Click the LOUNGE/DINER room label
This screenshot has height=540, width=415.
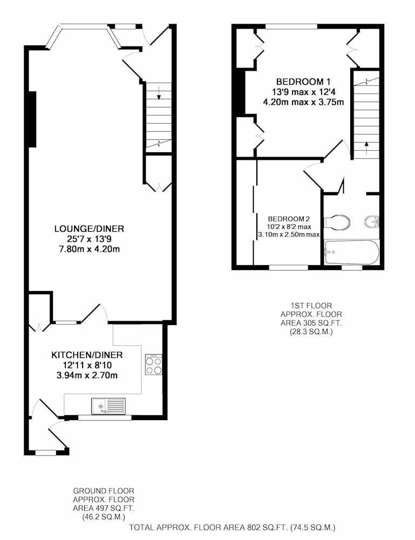89,228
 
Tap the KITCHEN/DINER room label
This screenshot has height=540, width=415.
87,355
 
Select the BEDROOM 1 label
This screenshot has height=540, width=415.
303,82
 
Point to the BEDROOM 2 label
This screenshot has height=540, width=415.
289,219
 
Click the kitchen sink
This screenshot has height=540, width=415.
108,406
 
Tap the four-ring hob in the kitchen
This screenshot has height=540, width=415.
153,364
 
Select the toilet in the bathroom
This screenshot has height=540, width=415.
337,222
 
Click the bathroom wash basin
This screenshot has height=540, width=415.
372,221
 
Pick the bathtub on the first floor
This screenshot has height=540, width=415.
351,252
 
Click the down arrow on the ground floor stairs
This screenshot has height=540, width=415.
159,93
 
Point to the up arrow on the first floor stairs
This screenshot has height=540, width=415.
366,147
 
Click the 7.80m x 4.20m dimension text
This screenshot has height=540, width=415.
90,249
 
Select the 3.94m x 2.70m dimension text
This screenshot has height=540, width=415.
87,375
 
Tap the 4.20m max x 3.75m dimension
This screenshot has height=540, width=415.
303,102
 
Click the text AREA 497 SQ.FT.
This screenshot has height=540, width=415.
103,508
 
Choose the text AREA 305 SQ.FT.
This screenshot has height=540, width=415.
311,323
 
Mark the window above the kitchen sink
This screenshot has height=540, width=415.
105,417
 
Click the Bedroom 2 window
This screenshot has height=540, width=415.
288,267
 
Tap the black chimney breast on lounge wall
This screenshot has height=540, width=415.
32,119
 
